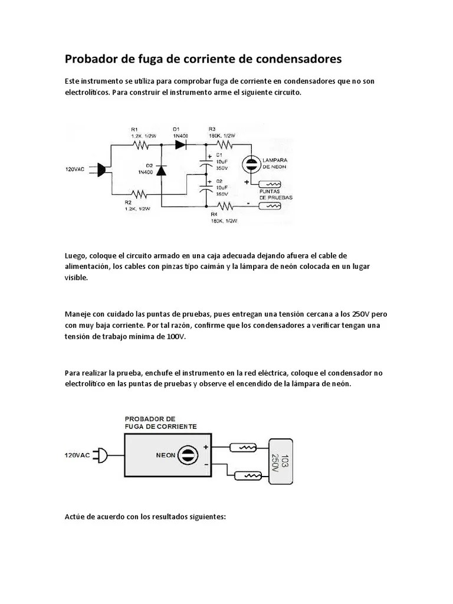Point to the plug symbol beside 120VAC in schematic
[102, 169]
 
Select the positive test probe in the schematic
[273, 184]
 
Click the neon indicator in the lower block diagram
[187, 455]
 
